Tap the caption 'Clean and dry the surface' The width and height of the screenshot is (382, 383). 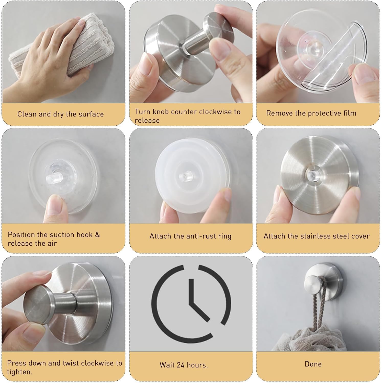click(x=60, y=114)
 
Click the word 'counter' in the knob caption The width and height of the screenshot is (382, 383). click(x=184, y=112)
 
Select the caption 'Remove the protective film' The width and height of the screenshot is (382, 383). click(x=311, y=113)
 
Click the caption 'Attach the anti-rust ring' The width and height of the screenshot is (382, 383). click(x=190, y=236)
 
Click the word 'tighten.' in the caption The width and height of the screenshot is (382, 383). click(x=20, y=372)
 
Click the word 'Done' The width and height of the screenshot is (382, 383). click(x=313, y=364)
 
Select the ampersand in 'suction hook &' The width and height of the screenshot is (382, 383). click(x=97, y=235)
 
